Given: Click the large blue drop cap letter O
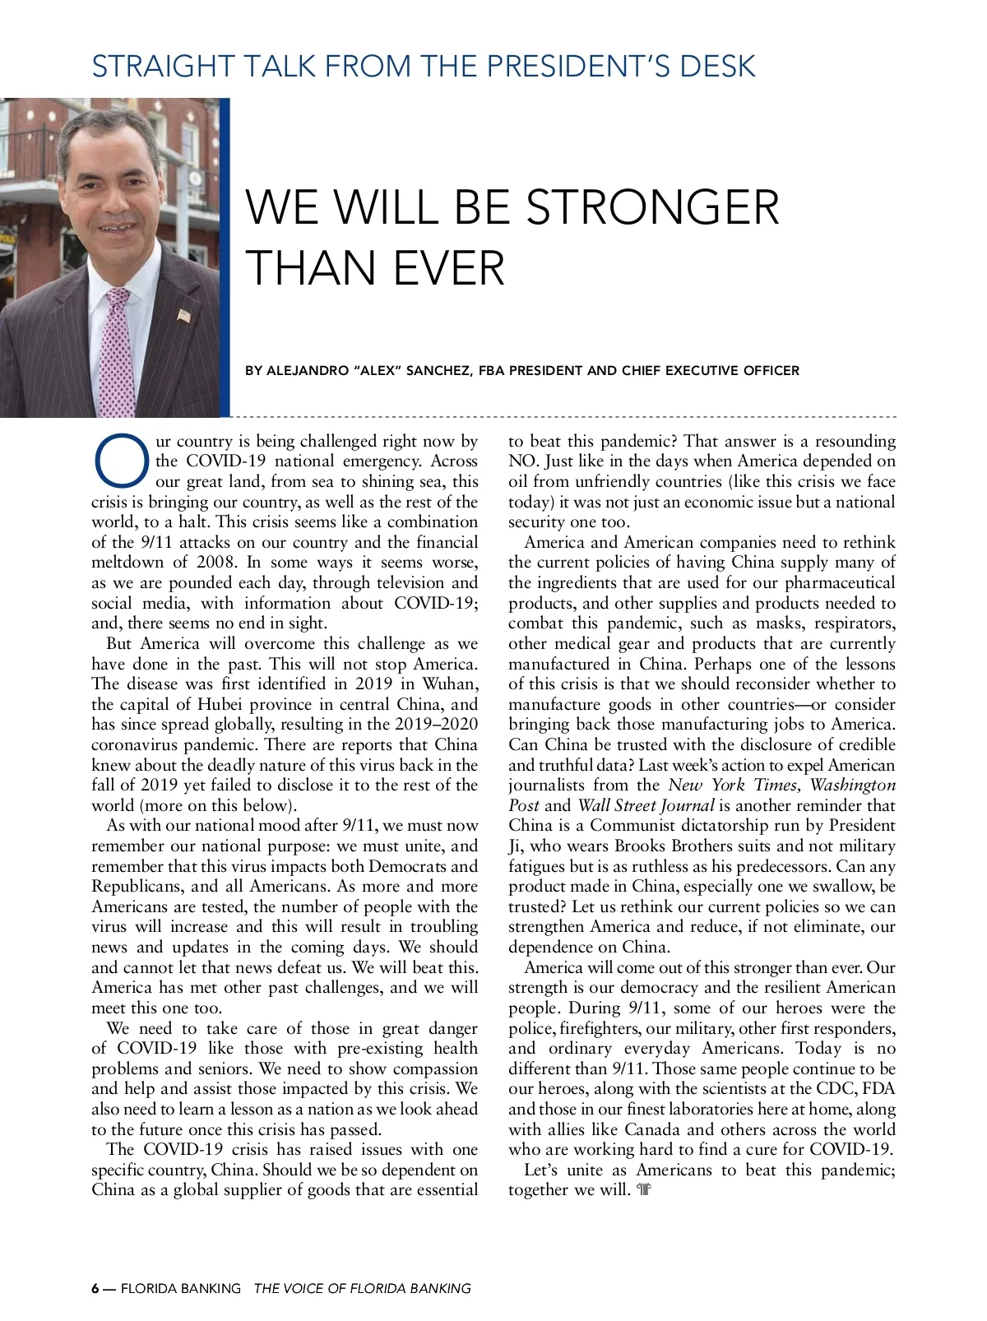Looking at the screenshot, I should pyautogui.click(x=123, y=461).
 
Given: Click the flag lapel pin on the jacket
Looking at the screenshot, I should pyautogui.click(x=184, y=315).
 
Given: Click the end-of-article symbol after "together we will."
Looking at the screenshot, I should pyautogui.click(x=644, y=1190).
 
